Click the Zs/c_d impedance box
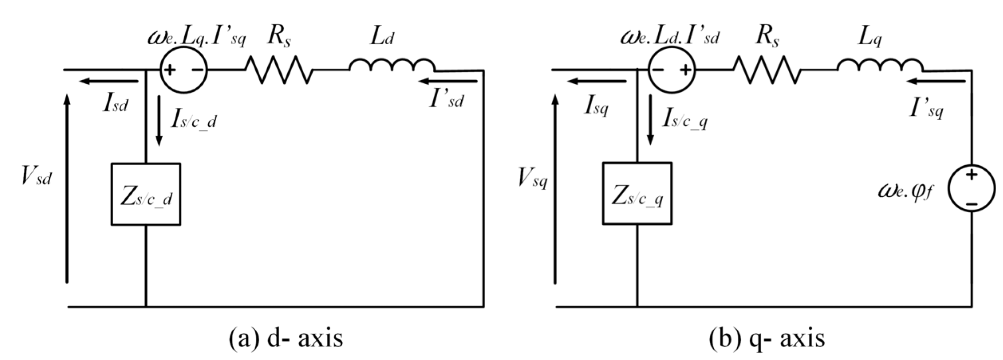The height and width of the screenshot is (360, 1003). point(146,194)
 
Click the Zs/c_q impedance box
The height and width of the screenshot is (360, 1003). point(637,194)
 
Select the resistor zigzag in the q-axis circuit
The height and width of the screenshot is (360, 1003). point(767,70)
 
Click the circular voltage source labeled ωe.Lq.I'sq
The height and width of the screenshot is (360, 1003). point(184,70)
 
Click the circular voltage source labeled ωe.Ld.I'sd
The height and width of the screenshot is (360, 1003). point(672,70)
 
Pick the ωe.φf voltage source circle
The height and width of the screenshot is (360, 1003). point(972,188)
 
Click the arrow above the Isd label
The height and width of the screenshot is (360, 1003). point(109,81)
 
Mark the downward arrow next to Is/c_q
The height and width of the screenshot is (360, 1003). point(650,120)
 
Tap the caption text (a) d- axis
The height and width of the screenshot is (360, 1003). point(286,338)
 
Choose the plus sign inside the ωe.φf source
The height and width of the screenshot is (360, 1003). point(972,174)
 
